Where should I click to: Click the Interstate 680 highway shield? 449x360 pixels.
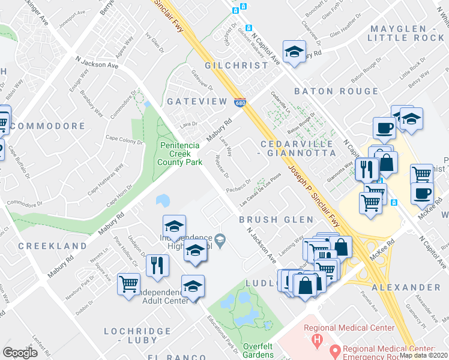point(240,103)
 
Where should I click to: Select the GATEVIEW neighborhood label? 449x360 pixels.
point(197,102)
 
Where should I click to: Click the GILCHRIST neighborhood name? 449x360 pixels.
point(236,65)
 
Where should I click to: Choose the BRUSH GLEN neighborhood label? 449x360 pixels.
point(276,220)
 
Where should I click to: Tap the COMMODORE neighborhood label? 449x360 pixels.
point(48,126)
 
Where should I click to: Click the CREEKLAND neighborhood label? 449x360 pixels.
point(53,246)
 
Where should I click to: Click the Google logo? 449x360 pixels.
point(20,353)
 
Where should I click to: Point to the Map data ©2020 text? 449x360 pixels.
point(424,355)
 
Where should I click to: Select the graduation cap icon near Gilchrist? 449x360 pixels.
point(294,52)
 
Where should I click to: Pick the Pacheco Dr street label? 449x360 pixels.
point(238,187)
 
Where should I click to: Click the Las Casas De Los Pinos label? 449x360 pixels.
point(261,190)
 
